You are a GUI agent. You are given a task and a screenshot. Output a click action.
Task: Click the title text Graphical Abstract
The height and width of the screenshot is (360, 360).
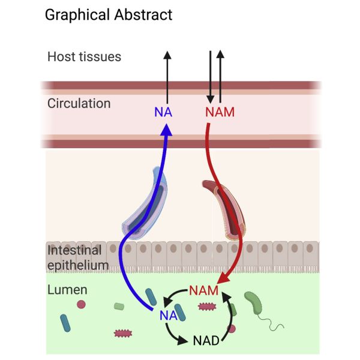click(109, 14)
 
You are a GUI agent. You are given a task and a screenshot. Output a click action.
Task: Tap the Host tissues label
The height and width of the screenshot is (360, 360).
click(84, 57)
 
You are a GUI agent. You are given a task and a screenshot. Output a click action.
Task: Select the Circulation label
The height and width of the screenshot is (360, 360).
click(79, 103)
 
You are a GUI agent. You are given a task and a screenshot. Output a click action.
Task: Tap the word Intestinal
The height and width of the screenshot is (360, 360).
click(74, 250)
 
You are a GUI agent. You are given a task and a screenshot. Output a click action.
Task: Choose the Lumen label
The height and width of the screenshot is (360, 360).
click(67, 290)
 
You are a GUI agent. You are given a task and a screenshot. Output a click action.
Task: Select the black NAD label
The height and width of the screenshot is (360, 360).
click(206, 342)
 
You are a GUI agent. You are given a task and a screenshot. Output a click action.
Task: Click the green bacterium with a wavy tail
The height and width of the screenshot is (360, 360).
click(254, 304)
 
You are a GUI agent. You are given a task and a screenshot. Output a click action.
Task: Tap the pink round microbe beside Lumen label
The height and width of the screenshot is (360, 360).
click(81, 305)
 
